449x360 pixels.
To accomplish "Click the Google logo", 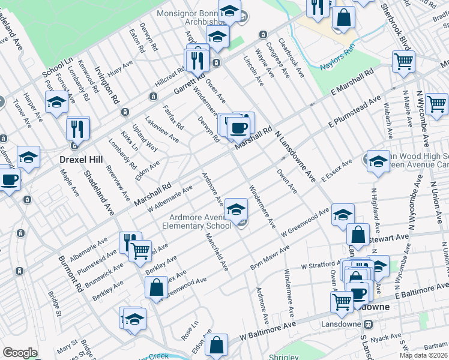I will (20, 353).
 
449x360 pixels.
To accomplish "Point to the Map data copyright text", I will (423, 355).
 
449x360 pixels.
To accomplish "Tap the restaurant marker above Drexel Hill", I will (78, 127).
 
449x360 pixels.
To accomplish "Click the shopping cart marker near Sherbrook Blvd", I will (403, 61).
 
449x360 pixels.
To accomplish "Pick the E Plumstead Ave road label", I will (355, 113).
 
